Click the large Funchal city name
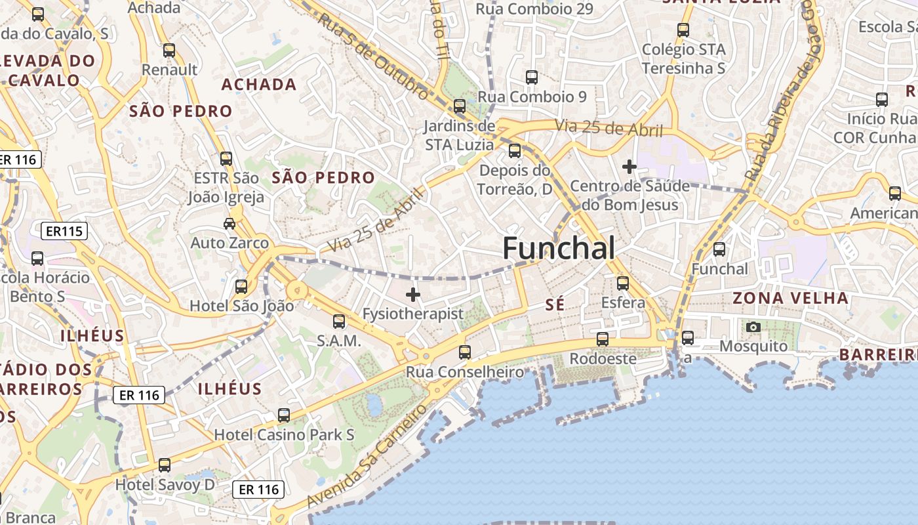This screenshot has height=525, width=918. click(x=559, y=249)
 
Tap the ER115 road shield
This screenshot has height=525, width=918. click(x=64, y=231)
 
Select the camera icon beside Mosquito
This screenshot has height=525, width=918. click(x=753, y=327)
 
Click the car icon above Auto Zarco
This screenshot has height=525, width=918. click(x=229, y=224)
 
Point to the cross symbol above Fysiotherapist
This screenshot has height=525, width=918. click(x=413, y=295)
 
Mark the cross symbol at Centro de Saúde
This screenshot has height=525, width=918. click(x=629, y=167)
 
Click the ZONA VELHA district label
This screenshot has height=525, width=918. click(x=790, y=299)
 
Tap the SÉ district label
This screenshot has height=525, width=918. click(x=555, y=304)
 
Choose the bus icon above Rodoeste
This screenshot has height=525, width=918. click(x=603, y=339)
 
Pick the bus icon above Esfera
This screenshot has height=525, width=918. click(x=623, y=283)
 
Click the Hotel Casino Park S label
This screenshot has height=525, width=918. click(x=285, y=434)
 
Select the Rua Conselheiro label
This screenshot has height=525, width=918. click(x=466, y=372)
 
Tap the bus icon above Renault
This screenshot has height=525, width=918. click(x=169, y=50)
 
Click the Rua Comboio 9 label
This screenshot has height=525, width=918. click(x=532, y=96)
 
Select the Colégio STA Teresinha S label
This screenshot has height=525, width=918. click(x=683, y=58)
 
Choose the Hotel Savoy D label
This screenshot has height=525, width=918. click(x=165, y=485)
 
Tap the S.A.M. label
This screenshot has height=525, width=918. click(x=339, y=341)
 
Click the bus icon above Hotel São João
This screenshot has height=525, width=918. click(x=241, y=287)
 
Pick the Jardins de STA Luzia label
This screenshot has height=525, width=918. click(x=459, y=135)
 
